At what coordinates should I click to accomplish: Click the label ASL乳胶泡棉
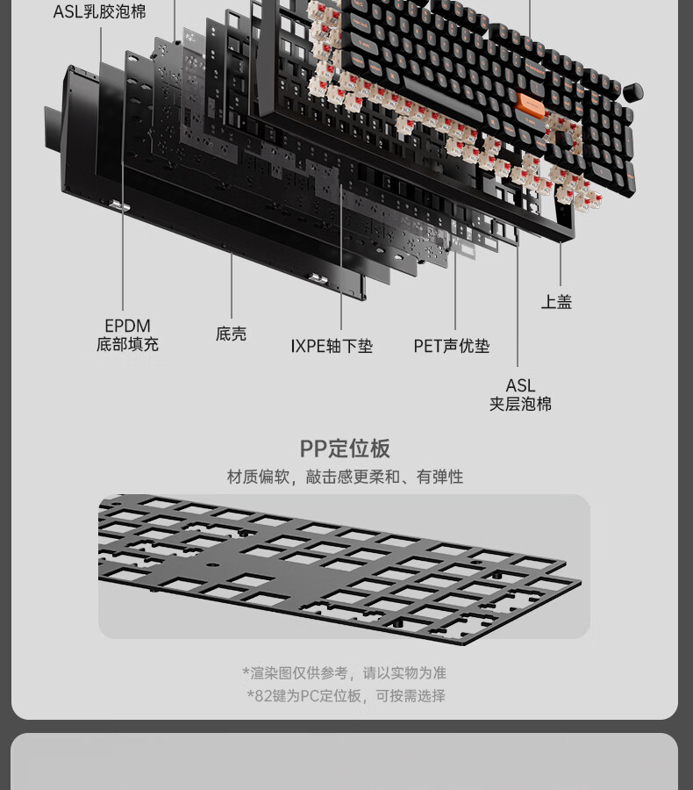tap(99, 11)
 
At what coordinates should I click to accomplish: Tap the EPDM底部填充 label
tap(127, 335)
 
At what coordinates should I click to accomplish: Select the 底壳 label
tap(231, 334)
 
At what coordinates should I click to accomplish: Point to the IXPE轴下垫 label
tap(332, 346)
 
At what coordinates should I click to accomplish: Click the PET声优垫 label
tap(451, 346)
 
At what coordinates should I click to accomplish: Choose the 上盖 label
tap(556, 302)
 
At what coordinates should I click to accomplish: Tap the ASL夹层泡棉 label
tap(520, 395)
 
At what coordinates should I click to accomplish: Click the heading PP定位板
tap(345, 449)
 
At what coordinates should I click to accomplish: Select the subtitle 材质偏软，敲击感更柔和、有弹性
tap(345, 477)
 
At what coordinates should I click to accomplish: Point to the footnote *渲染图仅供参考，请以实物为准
tap(345, 672)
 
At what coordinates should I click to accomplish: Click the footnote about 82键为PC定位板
tap(345, 695)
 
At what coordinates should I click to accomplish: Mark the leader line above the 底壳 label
tap(232, 285)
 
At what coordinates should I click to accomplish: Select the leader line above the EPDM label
tap(123, 255)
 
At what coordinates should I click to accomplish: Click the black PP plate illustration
tap(342, 566)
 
